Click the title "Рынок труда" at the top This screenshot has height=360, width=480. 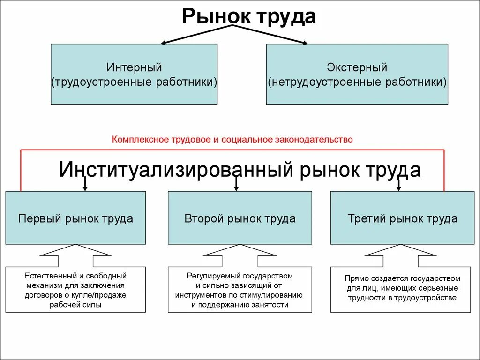tap(249, 16)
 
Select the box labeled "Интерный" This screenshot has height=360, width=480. tap(134, 74)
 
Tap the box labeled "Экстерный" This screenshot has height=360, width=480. tap(357, 74)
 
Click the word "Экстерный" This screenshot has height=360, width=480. tap(357, 67)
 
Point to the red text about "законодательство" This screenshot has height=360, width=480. tap(232, 139)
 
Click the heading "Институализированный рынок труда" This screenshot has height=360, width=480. tap(239, 170)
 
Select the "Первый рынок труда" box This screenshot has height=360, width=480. tap(75, 218)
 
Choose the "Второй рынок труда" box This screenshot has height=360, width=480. tap(240, 218)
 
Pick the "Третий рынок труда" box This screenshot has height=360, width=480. tap(403, 218)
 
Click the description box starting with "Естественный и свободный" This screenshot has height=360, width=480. tap(75, 290)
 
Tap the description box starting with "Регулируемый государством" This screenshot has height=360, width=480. tap(240, 290)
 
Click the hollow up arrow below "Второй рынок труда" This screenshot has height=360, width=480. tap(240, 256)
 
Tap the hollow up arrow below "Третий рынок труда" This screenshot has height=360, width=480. tap(401, 256)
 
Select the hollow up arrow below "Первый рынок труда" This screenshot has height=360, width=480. tap(75, 256)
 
